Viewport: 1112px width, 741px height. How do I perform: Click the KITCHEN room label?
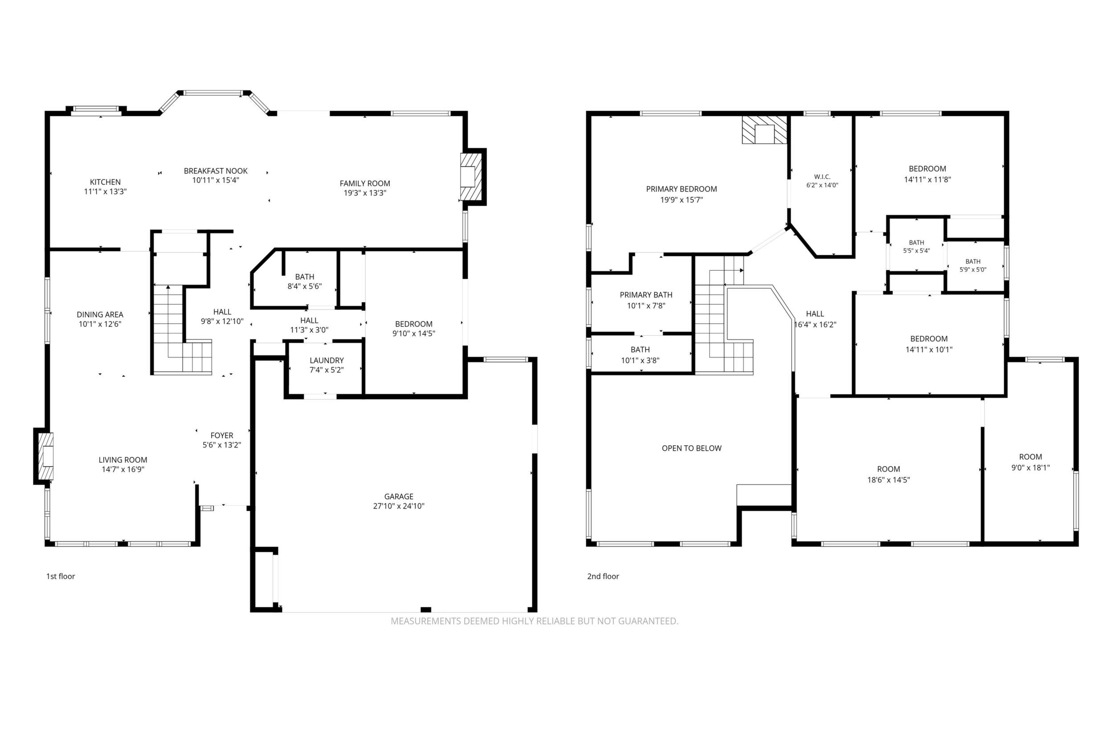click(x=105, y=182)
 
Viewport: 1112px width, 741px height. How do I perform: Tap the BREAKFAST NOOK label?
click(x=216, y=171)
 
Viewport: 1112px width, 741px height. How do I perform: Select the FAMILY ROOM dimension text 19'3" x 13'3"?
click(x=365, y=193)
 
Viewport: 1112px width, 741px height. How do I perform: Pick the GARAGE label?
click(x=399, y=496)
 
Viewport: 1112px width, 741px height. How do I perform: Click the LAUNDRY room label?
click(x=327, y=360)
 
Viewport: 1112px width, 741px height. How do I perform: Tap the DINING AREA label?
click(x=100, y=314)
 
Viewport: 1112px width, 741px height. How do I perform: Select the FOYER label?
click(x=222, y=435)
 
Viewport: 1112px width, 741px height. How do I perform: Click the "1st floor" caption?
click(x=61, y=576)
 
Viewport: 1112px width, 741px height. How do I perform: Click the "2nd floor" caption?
click(x=603, y=576)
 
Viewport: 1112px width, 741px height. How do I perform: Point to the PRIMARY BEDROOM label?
click(x=681, y=188)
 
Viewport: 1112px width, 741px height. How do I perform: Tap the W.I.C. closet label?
click(x=822, y=177)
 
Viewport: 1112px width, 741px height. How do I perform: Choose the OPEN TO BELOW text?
click(x=692, y=448)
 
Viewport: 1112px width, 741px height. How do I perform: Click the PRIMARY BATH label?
click(x=646, y=294)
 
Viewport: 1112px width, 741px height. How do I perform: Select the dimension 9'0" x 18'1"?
click(x=1030, y=468)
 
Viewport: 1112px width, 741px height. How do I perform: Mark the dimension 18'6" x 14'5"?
click(x=888, y=480)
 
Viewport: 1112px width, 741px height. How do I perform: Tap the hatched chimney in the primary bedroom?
click(x=764, y=130)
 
